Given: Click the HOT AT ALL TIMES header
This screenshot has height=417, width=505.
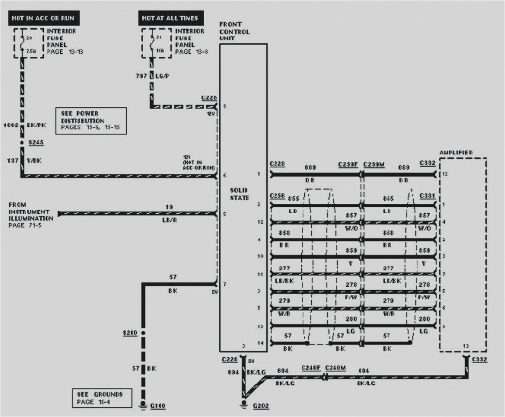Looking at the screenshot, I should pyautogui.click(x=171, y=18).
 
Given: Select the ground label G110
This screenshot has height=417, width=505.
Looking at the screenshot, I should pyautogui.click(x=158, y=405).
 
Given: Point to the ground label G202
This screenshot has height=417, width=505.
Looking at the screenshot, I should pyautogui.click(x=260, y=405).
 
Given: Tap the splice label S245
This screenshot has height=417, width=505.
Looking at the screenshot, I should pyautogui.click(x=36, y=142).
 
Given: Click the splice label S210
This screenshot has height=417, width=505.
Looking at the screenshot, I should pyautogui.click(x=129, y=333).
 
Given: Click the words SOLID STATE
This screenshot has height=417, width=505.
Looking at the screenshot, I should pyautogui.click(x=239, y=194).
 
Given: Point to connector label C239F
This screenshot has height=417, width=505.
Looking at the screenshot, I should pyautogui.click(x=348, y=163).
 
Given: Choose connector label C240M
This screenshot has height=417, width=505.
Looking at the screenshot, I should pyautogui.click(x=337, y=368).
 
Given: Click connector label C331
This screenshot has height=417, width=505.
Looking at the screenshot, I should pyautogui.click(x=428, y=196).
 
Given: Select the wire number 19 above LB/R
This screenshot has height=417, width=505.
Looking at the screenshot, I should pyautogui.click(x=169, y=207).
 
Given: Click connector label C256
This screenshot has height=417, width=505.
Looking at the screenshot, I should pyautogui.click(x=277, y=196).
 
